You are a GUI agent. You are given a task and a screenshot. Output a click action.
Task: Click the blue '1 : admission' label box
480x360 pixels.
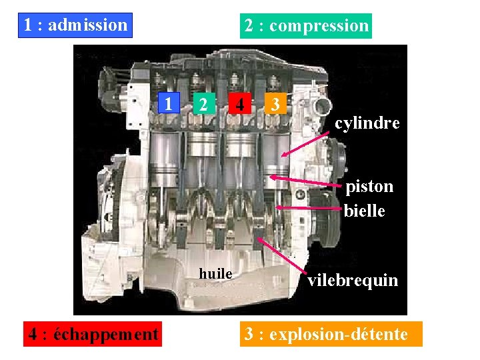[75, 25]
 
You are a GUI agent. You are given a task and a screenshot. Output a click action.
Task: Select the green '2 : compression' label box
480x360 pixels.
[306, 26]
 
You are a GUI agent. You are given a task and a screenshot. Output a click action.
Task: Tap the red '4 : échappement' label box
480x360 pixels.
[93, 333]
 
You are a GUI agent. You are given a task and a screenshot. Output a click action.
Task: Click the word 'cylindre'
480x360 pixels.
[367, 123]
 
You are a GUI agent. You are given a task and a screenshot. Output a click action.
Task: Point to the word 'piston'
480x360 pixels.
[369, 186]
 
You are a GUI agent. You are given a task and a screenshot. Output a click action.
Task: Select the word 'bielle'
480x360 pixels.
[365, 211]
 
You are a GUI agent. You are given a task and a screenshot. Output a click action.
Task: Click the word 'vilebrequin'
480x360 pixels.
[353, 280]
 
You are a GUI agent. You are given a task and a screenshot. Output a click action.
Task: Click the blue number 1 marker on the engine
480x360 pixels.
[171, 103]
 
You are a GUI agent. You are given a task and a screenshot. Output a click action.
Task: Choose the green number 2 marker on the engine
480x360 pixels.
[205, 104]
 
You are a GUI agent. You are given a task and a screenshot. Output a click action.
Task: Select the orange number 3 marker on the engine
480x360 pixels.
[275, 104]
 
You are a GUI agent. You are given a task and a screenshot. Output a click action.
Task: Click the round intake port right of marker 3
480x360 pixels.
[323, 105]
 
